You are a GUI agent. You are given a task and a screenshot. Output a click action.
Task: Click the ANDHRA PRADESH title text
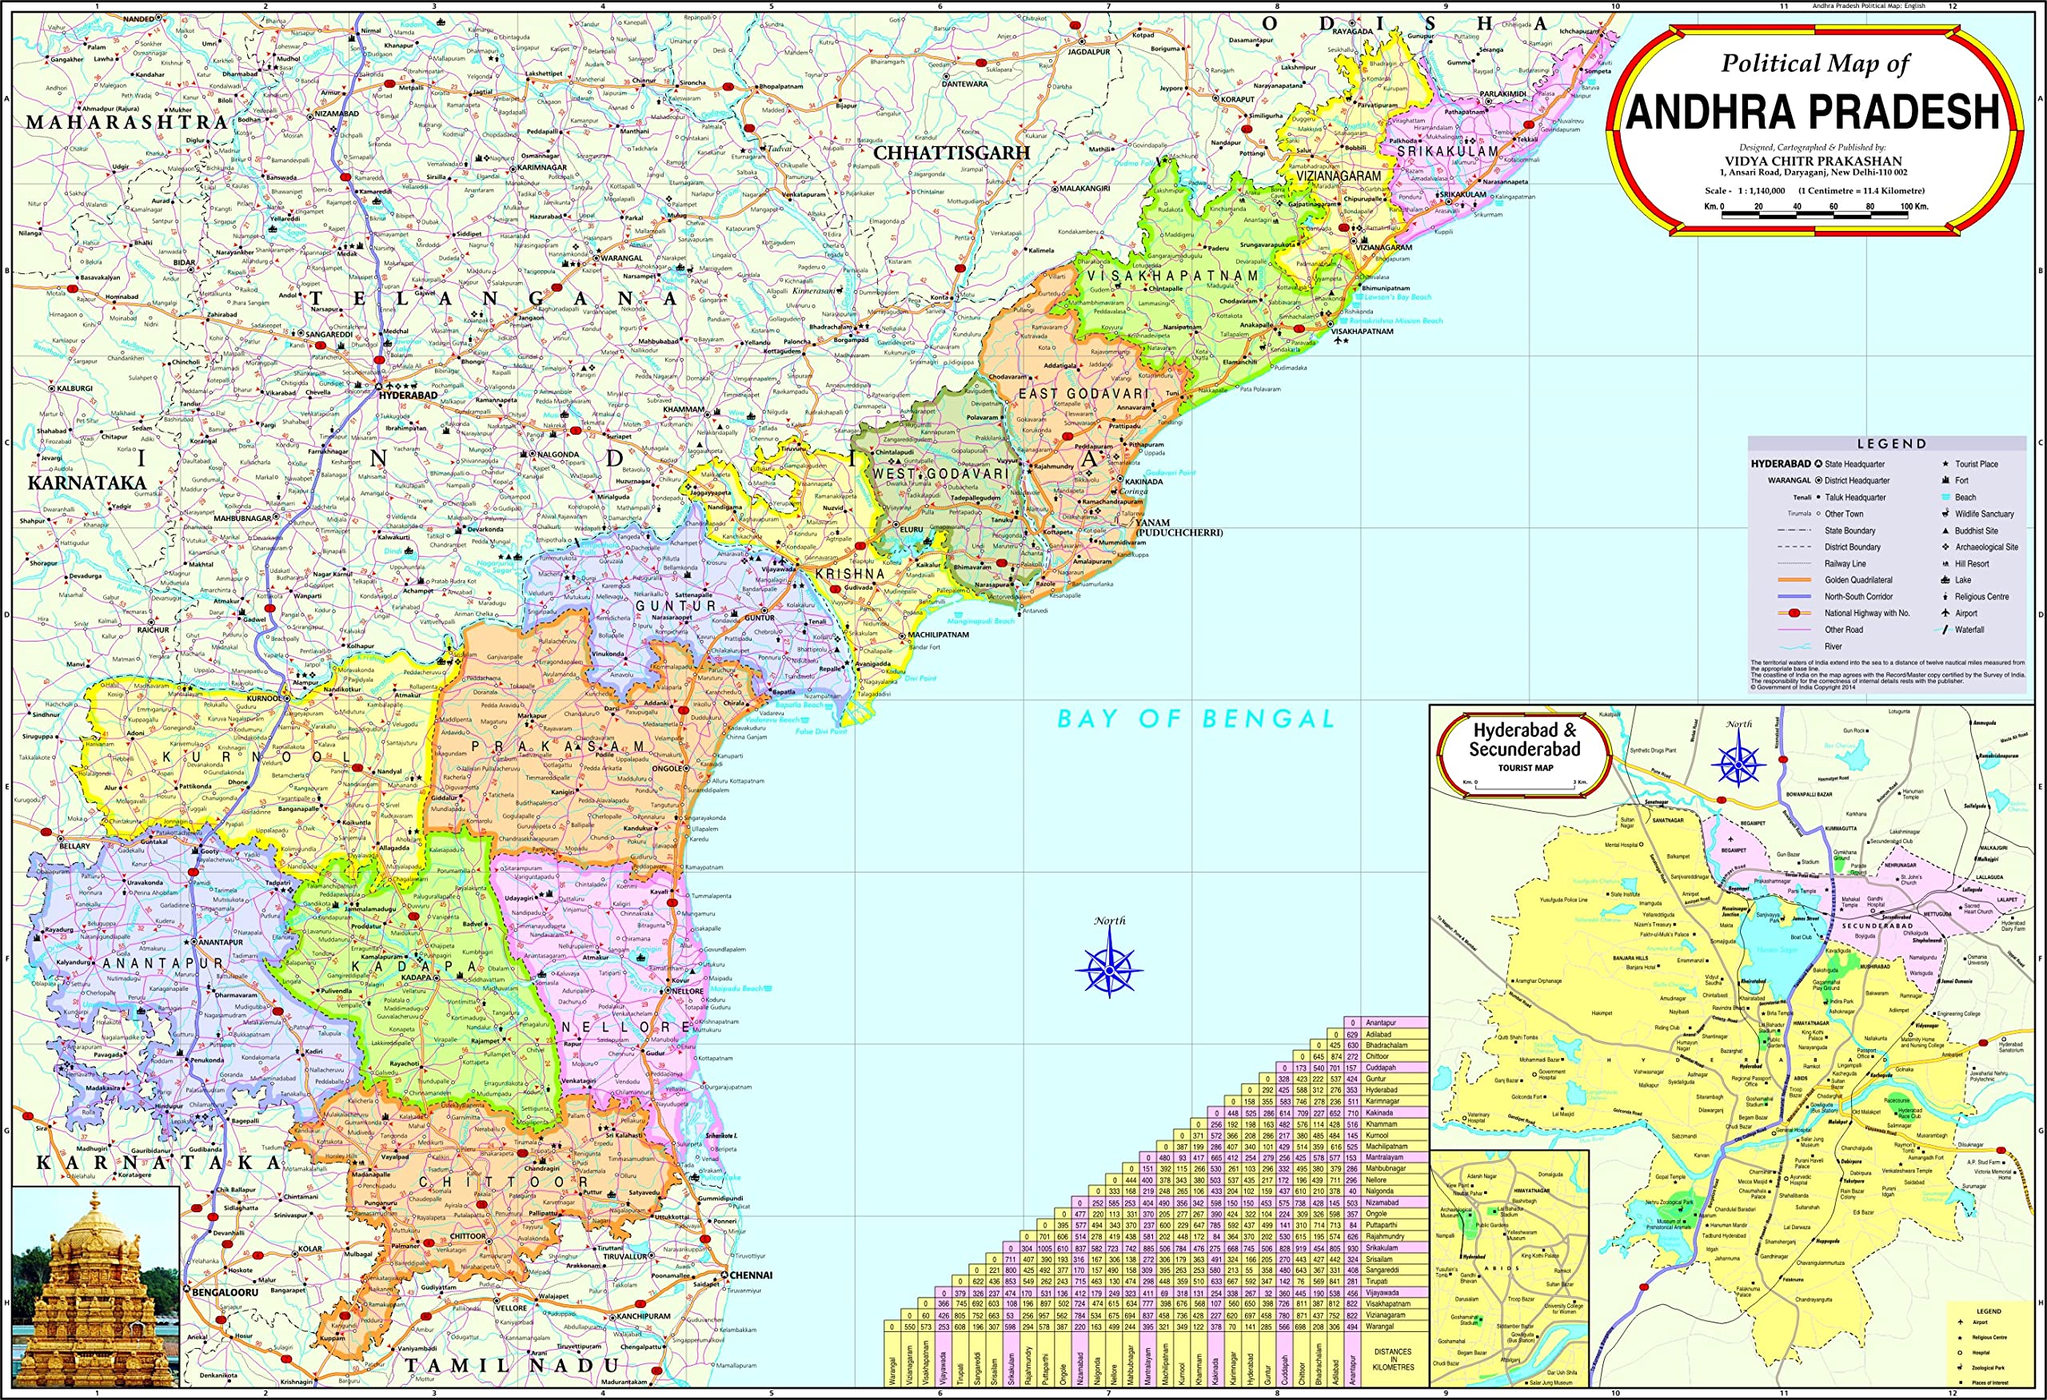pos(1813,112)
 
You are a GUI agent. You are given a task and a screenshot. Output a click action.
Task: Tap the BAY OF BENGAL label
pos(1196,719)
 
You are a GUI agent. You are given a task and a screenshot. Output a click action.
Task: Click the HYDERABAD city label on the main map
pos(407,396)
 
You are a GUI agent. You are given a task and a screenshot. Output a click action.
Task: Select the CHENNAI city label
pos(751,1275)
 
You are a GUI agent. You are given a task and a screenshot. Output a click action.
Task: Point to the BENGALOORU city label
pos(225,1291)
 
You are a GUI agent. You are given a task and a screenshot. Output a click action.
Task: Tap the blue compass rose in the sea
pos(1109,968)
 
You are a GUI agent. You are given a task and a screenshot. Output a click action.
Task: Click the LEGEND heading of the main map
pos(1892,443)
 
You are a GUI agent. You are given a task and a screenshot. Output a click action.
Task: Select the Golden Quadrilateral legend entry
pos(1857,580)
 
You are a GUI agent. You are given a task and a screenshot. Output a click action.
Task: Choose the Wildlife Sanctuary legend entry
pos(1984,515)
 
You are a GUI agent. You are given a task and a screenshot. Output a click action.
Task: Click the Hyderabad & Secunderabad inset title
pos(1525,741)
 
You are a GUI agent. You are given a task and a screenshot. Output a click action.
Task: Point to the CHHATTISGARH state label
pos(952,153)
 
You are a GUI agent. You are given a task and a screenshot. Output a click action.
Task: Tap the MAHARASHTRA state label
pos(128,122)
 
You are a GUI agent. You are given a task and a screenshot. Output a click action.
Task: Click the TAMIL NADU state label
pos(513,1366)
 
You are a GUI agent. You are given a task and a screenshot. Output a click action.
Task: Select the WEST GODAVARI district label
pos(940,474)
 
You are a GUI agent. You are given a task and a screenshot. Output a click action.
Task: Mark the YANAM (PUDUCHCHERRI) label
pos(1179,527)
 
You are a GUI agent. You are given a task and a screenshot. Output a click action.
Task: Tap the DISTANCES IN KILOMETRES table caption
pos(1393,1359)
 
